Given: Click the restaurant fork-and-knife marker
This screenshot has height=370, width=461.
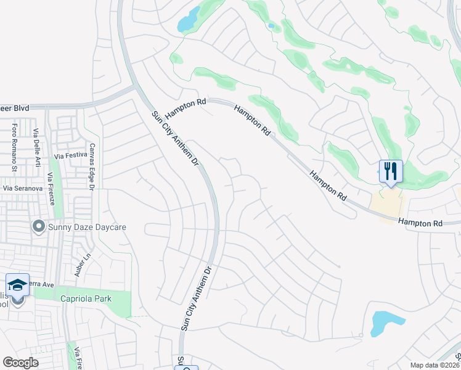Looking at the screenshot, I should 390,171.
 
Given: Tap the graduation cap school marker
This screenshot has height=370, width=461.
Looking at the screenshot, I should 17,285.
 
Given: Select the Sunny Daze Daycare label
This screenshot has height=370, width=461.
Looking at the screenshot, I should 88,228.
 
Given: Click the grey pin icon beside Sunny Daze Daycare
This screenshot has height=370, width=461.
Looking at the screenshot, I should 39,228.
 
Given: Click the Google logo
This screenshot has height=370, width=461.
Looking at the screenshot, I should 20,363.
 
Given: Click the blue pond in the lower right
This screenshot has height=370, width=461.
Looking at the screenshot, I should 386,323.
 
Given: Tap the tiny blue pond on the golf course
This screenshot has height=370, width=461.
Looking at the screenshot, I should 271,26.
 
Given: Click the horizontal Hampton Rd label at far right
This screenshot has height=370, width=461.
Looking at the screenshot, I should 420,221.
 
